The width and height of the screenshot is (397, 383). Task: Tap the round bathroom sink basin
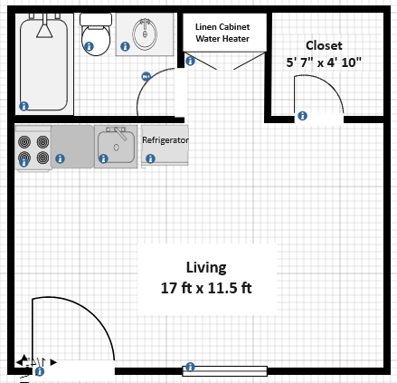145,34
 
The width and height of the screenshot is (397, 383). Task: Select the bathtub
44,63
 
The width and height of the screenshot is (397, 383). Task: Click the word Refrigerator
165,140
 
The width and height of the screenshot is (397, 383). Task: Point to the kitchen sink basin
116,147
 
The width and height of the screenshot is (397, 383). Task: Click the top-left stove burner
24,141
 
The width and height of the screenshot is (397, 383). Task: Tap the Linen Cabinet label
222,27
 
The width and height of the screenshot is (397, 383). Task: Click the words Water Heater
222,39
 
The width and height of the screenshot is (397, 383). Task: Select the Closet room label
324,45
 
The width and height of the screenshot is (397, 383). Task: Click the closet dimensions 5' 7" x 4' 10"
324,62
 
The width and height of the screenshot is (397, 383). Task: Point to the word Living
206,268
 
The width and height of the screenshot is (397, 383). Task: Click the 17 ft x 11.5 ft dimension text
206,288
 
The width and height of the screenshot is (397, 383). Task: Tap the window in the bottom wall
224,371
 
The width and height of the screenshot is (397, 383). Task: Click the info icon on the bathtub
24,106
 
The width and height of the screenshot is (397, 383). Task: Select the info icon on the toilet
89,46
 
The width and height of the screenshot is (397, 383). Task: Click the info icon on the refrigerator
150,158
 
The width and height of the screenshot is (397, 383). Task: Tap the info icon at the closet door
302,116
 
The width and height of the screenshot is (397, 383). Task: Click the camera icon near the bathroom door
146,77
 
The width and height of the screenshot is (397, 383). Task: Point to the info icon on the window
190,367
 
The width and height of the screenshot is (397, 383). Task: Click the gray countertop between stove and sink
72,147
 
